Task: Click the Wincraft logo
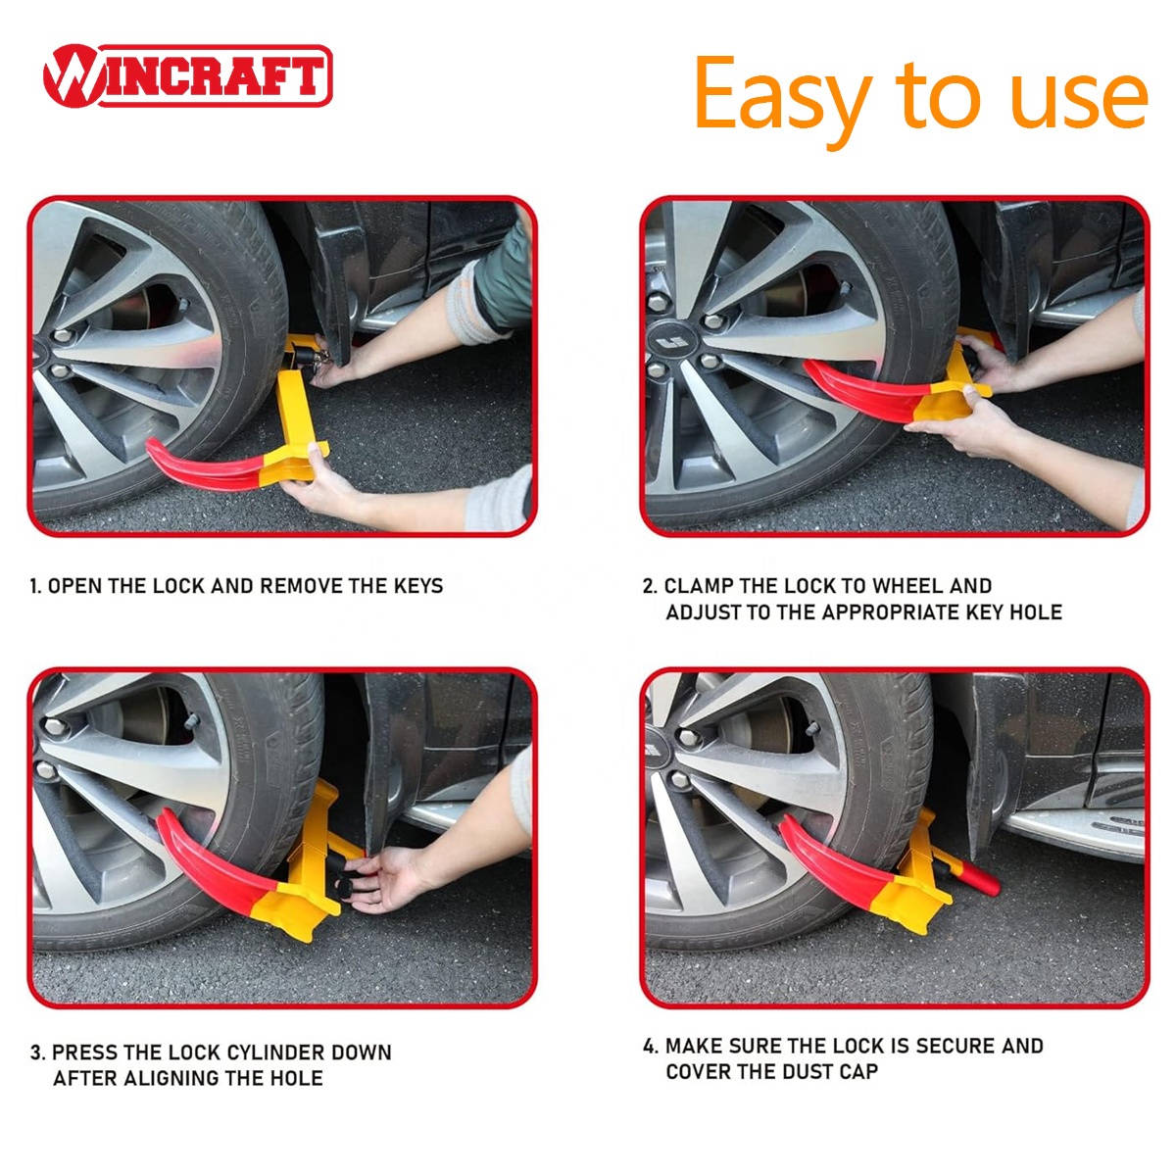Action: (x=187, y=75)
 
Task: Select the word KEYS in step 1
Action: (x=418, y=586)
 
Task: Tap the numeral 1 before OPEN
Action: (x=33, y=586)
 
